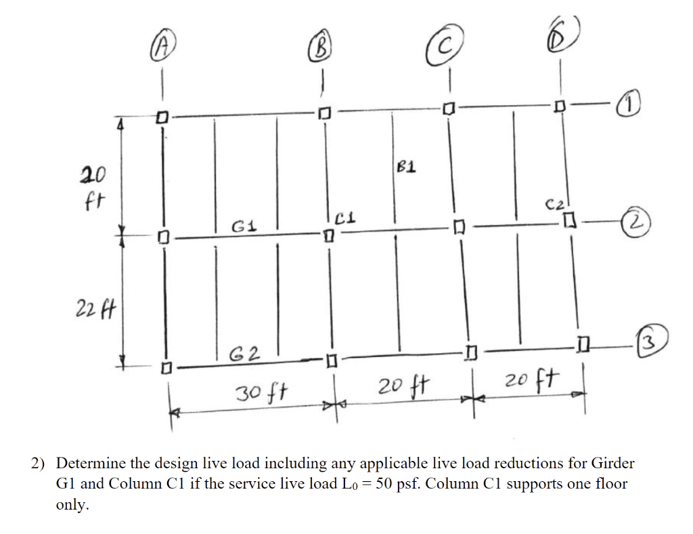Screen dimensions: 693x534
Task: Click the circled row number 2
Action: coord(638,220)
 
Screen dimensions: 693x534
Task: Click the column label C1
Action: coord(345,218)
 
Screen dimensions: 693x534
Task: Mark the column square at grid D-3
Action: coord(584,347)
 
